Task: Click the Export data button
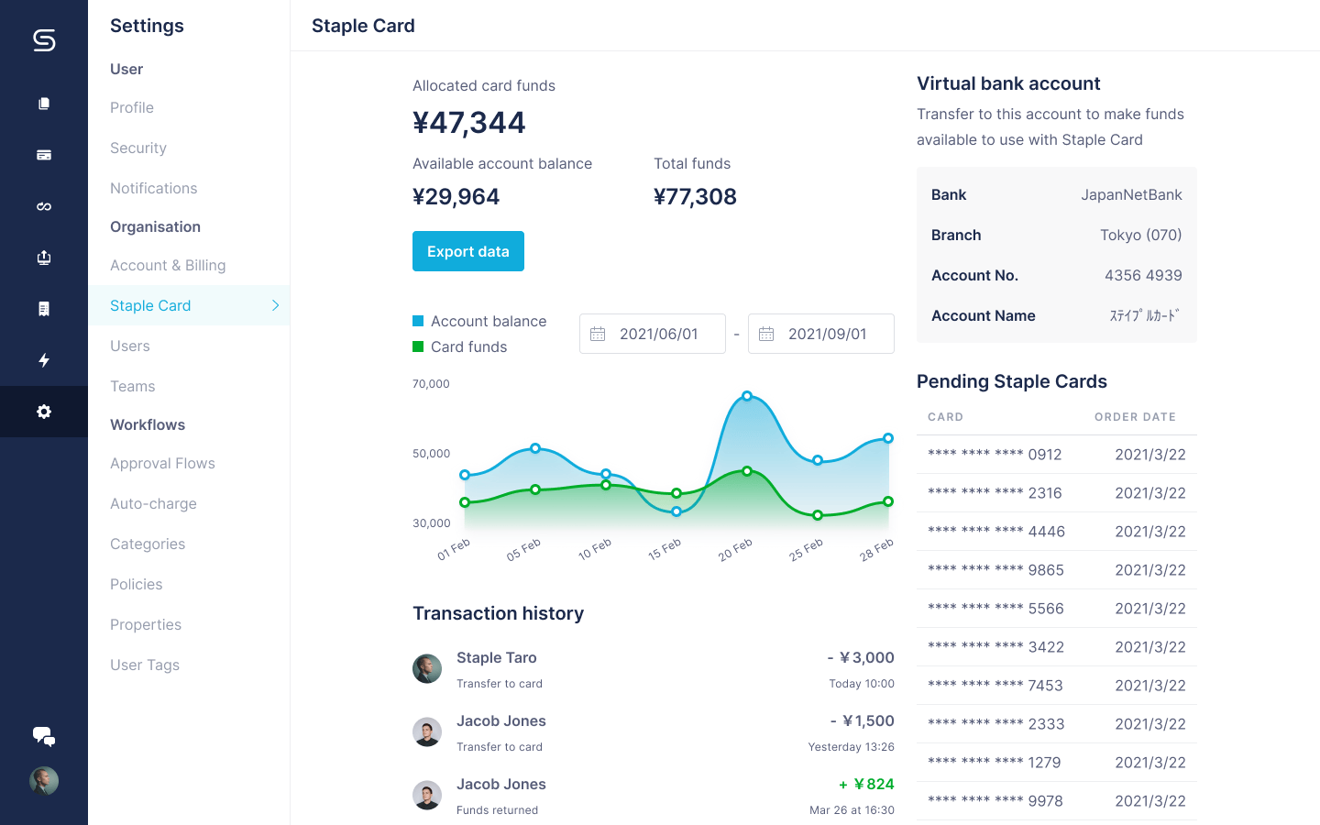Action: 467,251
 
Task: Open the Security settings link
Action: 138,148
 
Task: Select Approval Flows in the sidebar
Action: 162,463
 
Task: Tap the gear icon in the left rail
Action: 44,412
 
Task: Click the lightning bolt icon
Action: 44,360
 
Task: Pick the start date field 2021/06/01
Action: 653,334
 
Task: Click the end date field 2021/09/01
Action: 821,334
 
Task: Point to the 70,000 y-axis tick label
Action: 431,384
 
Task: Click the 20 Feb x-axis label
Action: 735,550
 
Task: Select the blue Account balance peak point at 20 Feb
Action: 747,396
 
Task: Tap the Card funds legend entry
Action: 468,346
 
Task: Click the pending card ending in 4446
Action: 995,532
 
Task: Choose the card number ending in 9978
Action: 995,801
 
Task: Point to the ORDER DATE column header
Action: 1135,417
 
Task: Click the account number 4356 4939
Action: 1143,275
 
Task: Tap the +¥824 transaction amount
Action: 867,784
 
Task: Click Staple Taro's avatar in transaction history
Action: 427,669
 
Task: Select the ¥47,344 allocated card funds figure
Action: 469,123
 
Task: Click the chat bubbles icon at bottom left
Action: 44,736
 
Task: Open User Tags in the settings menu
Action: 145,665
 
